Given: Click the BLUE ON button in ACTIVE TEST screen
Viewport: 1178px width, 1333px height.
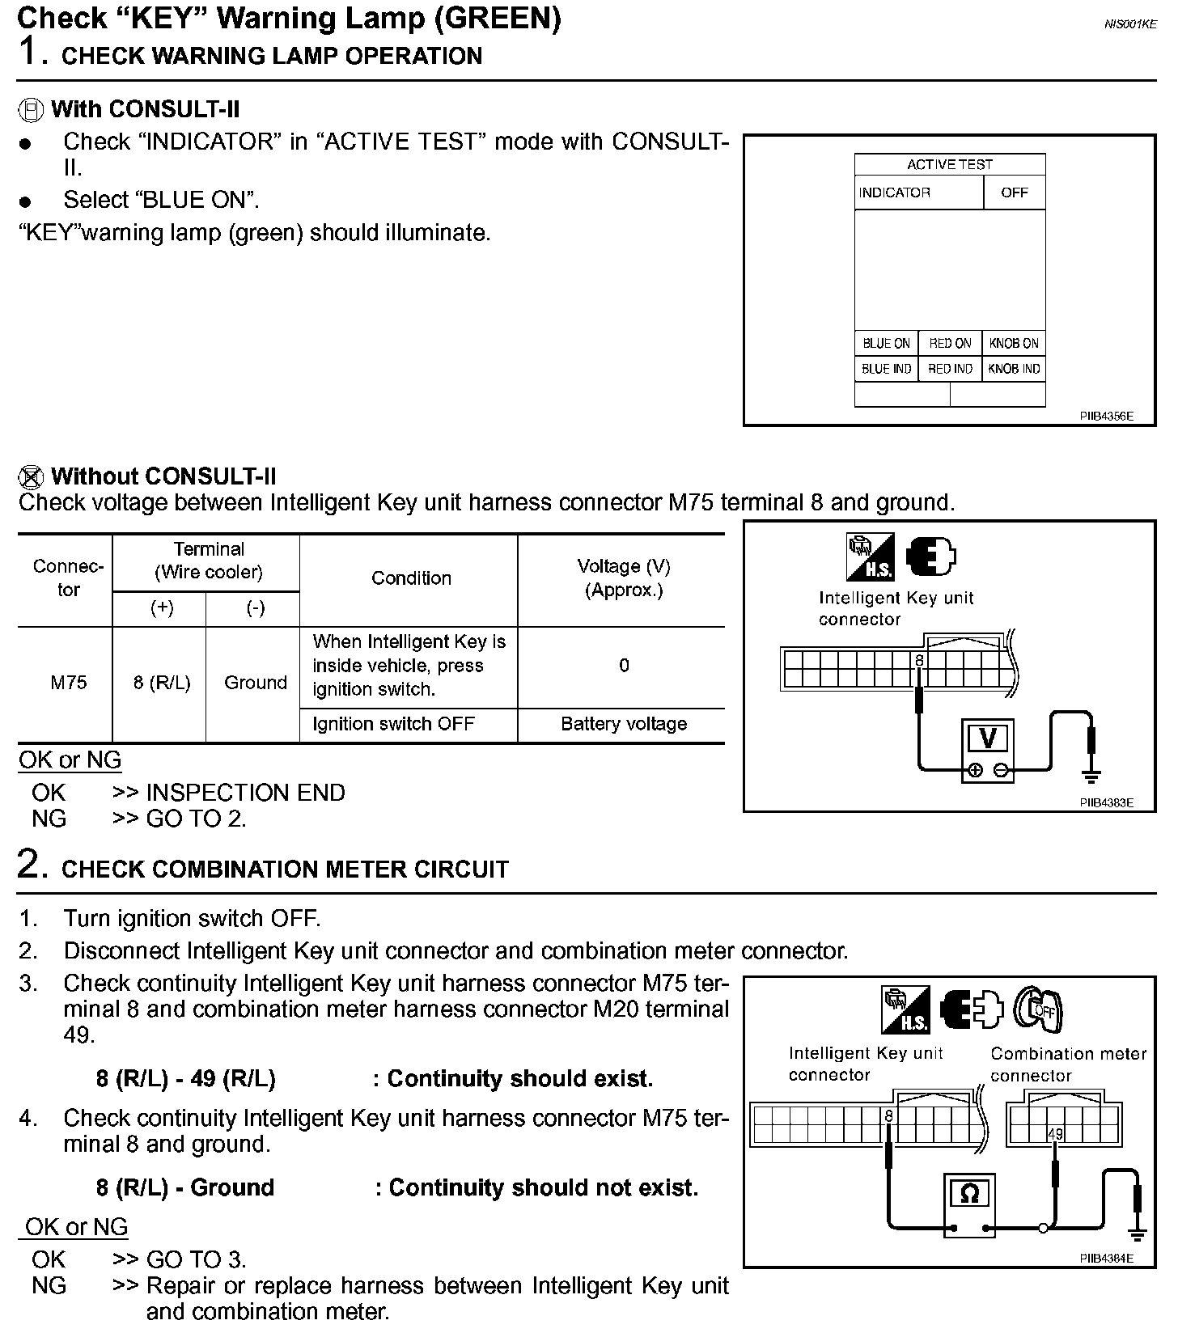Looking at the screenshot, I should [x=886, y=343].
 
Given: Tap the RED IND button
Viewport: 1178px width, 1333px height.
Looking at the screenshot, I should [x=950, y=369].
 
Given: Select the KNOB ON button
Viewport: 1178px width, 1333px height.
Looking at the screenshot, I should [x=1014, y=343].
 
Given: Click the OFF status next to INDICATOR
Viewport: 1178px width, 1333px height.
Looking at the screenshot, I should [x=1014, y=193].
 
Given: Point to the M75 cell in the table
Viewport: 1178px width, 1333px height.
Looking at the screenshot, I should [x=69, y=683].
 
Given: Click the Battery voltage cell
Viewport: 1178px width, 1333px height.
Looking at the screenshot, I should [x=623, y=724].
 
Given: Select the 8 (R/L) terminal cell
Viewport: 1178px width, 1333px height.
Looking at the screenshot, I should [x=161, y=683].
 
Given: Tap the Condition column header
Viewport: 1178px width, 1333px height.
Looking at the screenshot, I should [x=411, y=578].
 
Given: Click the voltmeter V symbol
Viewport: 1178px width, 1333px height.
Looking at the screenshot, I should [x=987, y=738].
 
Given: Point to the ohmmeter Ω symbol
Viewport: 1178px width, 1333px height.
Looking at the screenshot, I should [x=970, y=1194].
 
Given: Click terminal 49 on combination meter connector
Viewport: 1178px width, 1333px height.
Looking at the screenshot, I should [x=1055, y=1134].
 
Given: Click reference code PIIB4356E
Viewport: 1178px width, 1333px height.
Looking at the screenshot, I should [x=1106, y=417].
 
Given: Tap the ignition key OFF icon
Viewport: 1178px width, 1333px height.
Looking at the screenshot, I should [x=1039, y=1009].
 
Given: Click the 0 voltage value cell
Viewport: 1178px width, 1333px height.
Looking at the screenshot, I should [x=624, y=666].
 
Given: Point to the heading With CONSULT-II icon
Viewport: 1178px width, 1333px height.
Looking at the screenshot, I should [x=31, y=110].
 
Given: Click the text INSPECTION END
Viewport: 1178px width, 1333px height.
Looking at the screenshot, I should [x=245, y=793].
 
